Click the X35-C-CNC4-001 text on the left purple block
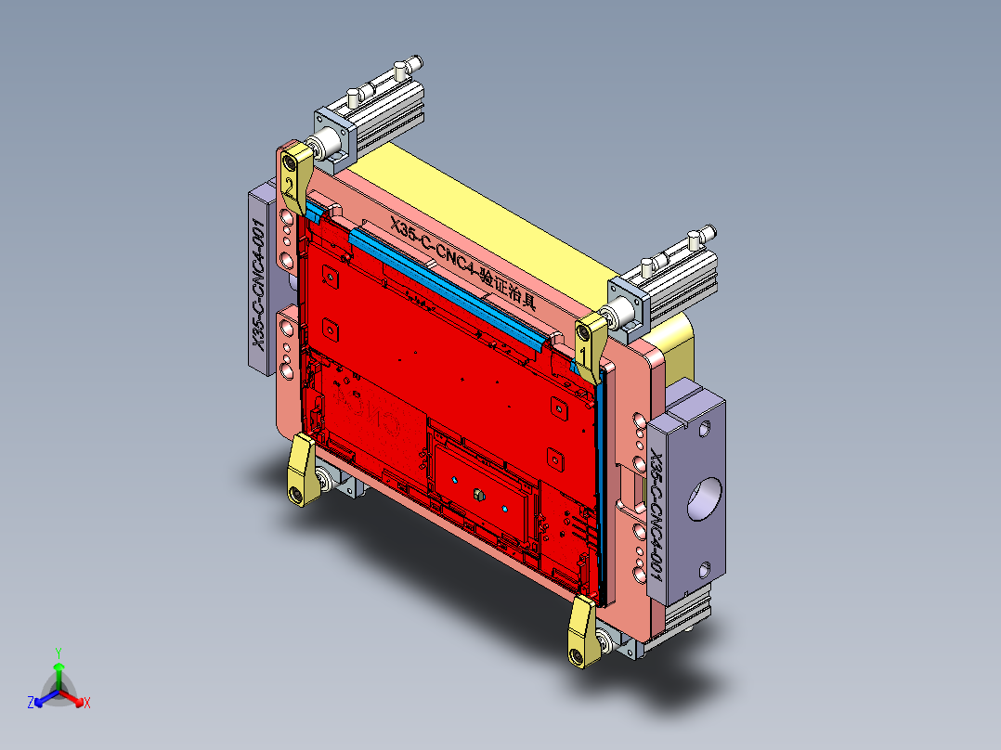(x=260, y=284)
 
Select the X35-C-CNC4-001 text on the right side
(x=657, y=514)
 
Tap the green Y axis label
(x=58, y=653)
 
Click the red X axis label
(x=86, y=703)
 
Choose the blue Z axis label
(x=31, y=703)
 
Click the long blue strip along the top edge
(x=446, y=283)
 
